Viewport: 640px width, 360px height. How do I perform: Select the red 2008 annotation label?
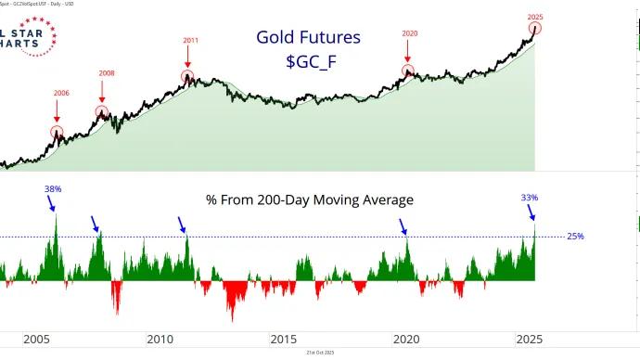point(109,73)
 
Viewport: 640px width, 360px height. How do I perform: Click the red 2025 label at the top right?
point(534,17)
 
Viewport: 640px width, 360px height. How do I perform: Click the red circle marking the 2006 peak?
point(58,132)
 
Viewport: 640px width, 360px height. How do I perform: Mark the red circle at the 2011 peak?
point(188,77)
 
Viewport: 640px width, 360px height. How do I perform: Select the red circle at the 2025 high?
point(534,30)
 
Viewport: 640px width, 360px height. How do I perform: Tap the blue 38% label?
point(53,188)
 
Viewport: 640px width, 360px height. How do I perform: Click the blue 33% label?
point(530,198)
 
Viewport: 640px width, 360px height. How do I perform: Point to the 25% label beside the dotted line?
point(575,237)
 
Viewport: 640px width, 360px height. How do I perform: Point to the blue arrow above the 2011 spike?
point(184,225)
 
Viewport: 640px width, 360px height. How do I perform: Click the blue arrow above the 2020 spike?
point(403,226)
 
